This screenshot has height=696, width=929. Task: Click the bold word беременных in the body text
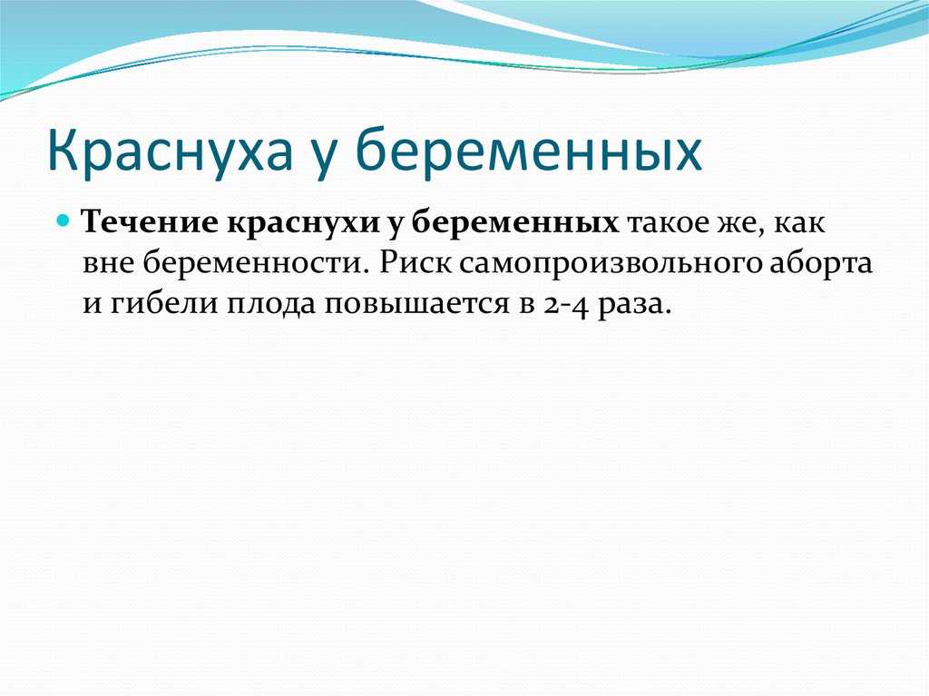coord(515,223)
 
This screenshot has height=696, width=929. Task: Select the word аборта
coord(821,262)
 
